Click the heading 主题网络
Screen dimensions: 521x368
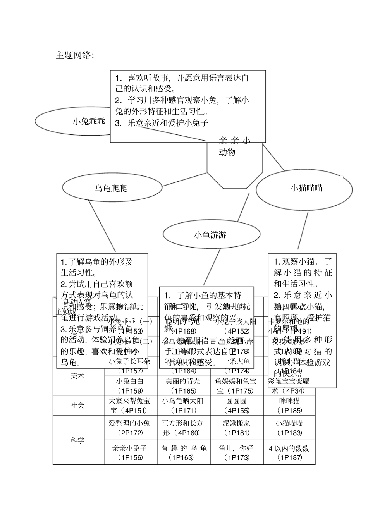pyautogui.click(x=75, y=56)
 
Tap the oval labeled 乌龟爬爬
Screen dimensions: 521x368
pyautogui.click(x=111, y=188)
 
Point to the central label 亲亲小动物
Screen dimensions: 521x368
pyautogui.click(x=234, y=146)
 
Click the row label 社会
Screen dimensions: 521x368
pyautogui.click(x=77, y=406)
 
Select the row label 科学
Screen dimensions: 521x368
pyautogui.click(x=77, y=440)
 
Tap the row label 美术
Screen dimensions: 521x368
pyautogui.click(x=77, y=376)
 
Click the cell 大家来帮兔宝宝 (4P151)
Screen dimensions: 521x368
pyautogui.click(x=129, y=406)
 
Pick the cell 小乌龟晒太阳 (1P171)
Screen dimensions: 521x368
pyautogui.click(x=182, y=406)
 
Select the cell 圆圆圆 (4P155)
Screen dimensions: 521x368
pyautogui.click(x=236, y=406)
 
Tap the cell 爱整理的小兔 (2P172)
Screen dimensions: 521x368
pyautogui.click(x=129, y=428)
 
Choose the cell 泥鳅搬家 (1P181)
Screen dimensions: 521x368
pyautogui.click(x=236, y=428)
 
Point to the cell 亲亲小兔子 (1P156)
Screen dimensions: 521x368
pyautogui.click(x=129, y=452)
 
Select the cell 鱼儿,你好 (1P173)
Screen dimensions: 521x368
pyautogui.click(x=236, y=452)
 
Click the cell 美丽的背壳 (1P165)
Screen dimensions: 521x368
pyautogui.click(x=182, y=385)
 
